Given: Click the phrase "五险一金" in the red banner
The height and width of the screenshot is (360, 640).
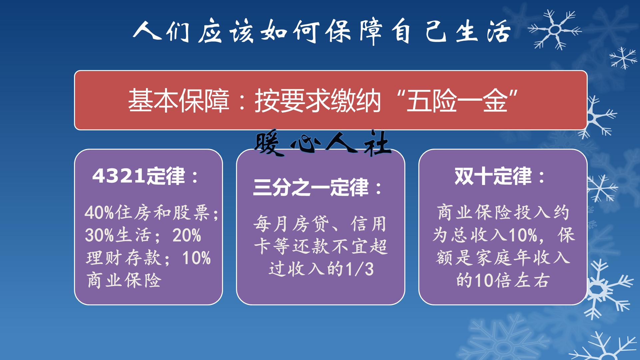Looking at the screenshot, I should (457, 100).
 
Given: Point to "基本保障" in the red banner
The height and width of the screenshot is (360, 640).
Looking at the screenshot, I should (179, 100).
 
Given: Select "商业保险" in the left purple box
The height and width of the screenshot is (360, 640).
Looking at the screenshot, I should (124, 280).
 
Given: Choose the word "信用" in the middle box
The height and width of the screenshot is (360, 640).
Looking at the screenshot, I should (369, 224).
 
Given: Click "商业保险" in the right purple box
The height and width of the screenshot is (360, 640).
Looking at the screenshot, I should (475, 212).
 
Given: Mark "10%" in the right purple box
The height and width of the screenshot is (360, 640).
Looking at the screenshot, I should (523, 235).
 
